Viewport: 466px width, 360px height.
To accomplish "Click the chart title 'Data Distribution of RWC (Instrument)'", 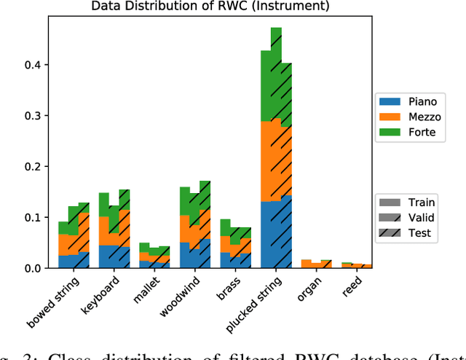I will (210, 7).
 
